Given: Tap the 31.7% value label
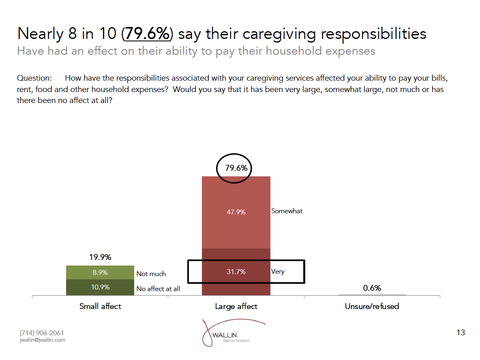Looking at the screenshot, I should (236, 272).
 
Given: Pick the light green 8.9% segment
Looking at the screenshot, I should (100, 272).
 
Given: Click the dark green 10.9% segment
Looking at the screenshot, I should (100, 287).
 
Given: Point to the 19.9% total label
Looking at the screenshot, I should (100, 257).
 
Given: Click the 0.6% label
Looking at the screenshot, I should (372, 288).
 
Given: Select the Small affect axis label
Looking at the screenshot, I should (100, 306).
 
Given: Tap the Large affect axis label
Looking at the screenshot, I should (236, 306).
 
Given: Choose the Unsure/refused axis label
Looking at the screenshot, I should (372, 306).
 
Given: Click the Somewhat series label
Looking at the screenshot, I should (287, 211).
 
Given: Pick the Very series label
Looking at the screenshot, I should (278, 271).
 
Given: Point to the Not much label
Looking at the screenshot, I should (151, 274).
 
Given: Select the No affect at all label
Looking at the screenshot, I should (158, 289).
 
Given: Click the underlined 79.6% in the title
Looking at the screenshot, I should (147, 34).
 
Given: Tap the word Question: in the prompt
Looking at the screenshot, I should (34, 78).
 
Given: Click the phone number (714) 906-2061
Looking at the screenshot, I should (42, 333).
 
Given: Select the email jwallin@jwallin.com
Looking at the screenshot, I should (42, 340).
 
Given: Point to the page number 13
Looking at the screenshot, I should (461, 333).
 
